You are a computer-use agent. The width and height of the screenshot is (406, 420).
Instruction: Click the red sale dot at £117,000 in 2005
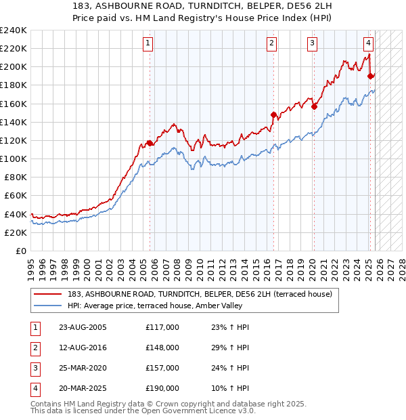click(149, 143)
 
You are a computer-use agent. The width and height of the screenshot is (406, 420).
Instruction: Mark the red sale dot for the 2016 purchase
click(273, 114)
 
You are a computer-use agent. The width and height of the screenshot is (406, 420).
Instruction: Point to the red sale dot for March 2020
click(314, 106)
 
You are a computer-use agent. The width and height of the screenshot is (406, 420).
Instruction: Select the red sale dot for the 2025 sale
click(370, 76)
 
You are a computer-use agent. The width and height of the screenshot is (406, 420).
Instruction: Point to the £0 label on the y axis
click(20, 251)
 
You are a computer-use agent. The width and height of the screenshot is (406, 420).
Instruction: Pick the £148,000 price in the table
click(162, 348)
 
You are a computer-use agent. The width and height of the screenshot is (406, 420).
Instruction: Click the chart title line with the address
click(203, 6)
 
